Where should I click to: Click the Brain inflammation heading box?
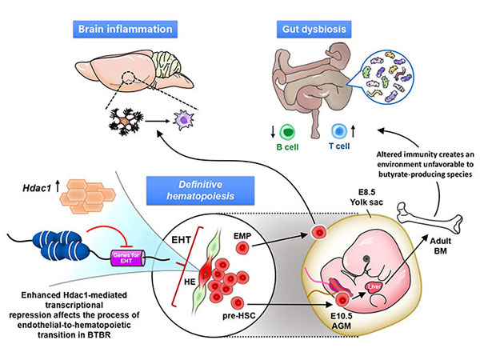[x=125, y=29]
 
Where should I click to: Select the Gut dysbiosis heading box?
[x=314, y=29]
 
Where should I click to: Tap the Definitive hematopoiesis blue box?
[x=201, y=190]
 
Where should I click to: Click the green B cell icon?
[x=287, y=132]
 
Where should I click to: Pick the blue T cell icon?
[x=339, y=131]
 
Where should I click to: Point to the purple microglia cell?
[x=183, y=121]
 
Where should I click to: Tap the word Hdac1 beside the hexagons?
[x=37, y=188]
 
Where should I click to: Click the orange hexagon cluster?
[x=87, y=196]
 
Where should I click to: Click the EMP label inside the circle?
[x=242, y=236]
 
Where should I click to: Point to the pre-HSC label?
[x=239, y=316]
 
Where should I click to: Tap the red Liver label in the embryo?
[x=374, y=287]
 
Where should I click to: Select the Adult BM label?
[x=441, y=246]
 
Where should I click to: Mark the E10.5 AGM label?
[x=342, y=321]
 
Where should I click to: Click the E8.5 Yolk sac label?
[x=366, y=197]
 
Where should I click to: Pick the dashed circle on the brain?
[x=128, y=78]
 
